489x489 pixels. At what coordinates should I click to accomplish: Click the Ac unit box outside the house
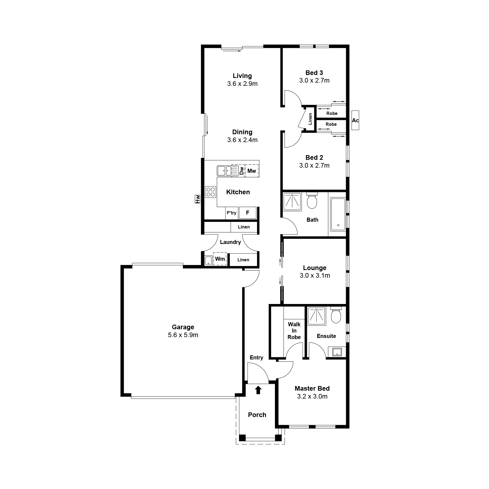(355, 120)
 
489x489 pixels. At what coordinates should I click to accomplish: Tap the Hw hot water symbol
(198, 199)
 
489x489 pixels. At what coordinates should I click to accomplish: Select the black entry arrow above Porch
(258, 390)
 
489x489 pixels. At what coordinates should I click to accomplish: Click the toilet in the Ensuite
(336, 315)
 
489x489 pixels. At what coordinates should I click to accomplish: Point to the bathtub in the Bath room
(338, 214)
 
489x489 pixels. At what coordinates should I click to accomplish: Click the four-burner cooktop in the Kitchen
(211, 192)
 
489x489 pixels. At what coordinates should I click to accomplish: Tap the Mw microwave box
(252, 171)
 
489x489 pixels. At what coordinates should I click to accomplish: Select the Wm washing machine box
(220, 259)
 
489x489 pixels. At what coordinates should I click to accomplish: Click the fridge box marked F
(247, 213)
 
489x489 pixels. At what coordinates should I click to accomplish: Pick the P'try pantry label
(231, 213)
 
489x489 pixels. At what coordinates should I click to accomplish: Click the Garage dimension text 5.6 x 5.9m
(183, 335)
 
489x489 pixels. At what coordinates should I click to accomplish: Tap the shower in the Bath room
(292, 202)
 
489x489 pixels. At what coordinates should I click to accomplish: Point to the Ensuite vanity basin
(337, 352)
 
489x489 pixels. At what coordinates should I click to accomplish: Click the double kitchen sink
(224, 171)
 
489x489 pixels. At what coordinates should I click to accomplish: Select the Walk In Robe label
(294, 331)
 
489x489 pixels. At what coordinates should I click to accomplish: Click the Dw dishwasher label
(242, 171)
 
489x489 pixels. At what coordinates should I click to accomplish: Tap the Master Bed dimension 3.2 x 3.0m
(312, 396)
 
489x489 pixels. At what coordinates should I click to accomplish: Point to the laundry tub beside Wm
(208, 260)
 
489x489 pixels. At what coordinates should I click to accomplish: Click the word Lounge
(315, 268)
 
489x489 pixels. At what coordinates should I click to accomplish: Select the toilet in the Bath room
(312, 201)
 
